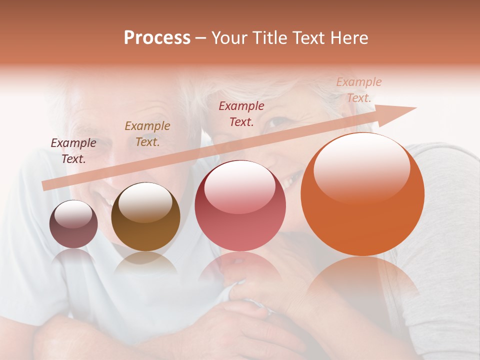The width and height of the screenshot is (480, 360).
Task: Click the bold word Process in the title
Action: click(x=157, y=38)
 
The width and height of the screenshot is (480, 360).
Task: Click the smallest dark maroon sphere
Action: click(x=73, y=224)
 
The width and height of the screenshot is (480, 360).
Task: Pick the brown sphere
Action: click(x=145, y=217)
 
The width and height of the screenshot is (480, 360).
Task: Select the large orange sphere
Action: click(x=362, y=194)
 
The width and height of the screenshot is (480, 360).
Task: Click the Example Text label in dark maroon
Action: click(x=73, y=151)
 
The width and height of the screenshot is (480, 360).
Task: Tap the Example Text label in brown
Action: click(x=147, y=134)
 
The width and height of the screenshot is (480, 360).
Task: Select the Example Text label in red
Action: click(x=241, y=114)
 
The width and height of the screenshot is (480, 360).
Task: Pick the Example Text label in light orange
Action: click(x=359, y=90)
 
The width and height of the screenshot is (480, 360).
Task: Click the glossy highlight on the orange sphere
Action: click(x=361, y=167)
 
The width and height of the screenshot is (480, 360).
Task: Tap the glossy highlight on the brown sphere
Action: click(x=145, y=202)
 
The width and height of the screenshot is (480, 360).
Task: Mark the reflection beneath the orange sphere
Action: click(x=362, y=280)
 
